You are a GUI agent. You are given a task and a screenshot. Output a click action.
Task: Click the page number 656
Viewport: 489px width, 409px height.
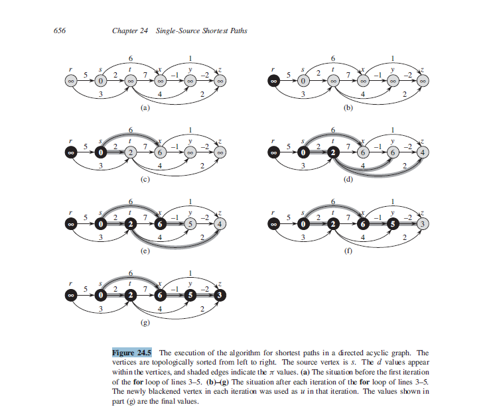(58, 31)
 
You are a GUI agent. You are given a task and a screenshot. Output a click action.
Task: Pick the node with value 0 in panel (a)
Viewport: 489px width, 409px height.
(101, 81)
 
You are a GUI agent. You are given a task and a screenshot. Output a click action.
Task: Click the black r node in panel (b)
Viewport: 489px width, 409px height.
(273, 81)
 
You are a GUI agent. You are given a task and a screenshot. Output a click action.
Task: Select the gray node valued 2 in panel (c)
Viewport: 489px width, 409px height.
(131, 152)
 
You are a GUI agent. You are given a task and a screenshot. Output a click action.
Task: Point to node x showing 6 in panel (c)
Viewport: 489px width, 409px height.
(160, 152)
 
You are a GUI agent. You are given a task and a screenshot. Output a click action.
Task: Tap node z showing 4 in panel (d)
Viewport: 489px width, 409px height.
(423, 152)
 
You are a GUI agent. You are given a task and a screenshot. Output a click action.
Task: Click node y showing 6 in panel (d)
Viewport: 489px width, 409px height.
(392, 152)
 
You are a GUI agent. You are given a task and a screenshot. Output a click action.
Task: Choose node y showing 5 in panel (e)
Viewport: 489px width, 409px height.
(190, 225)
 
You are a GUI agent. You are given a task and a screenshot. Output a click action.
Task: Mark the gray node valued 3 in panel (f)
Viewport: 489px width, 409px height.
(423, 225)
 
